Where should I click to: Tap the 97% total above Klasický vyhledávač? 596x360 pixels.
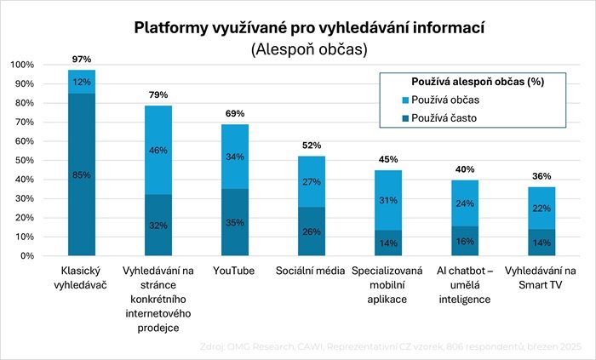tap(82, 58)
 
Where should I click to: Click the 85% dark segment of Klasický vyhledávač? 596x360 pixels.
tap(82, 175)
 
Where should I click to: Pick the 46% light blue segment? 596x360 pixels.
tap(158, 150)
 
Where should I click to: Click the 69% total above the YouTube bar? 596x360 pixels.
tap(235, 113)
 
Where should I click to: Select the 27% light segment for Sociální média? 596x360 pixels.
tap(312, 181)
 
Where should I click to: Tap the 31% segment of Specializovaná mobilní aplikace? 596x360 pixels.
tap(388, 200)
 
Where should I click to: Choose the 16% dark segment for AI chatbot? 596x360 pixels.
tap(465, 241)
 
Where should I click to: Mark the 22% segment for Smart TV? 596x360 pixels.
tap(542, 209)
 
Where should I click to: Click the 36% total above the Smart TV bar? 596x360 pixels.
tap(542, 176)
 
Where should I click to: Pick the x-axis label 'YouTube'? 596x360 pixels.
tap(235, 271)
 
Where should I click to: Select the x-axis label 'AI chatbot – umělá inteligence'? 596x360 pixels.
tap(465, 285)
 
